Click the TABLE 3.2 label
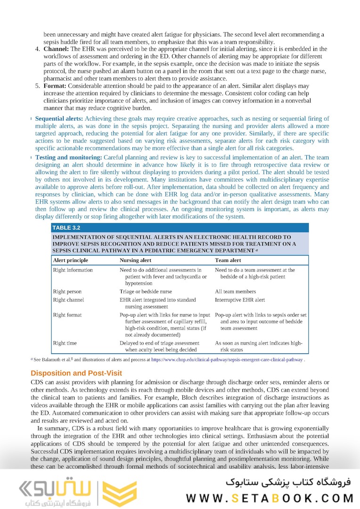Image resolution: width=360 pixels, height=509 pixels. click(x=66, y=228)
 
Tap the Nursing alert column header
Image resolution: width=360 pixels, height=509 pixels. click(x=135, y=260)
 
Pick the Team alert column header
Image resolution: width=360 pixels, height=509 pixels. click(x=228, y=260)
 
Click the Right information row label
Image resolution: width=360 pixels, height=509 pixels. click(x=73, y=270)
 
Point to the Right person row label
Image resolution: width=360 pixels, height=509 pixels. click(x=67, y=292)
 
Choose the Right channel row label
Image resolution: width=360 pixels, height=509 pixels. click(x=68, y=300)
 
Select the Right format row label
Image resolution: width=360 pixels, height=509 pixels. click(x=67, y=315)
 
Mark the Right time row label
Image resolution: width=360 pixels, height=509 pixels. click(x=65, y=343)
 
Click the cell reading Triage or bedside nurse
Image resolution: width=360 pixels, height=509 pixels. click(x=146, y=292)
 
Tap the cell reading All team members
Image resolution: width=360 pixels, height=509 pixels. click(x=236, y=292)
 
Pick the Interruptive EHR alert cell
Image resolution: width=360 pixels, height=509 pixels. click(x=240, y=300)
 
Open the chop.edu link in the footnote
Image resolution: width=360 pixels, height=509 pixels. click(x=227, y=360)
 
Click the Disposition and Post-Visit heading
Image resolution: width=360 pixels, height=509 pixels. click(x=76, y=373)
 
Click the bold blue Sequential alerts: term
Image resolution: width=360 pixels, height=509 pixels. click(x=59, y=119)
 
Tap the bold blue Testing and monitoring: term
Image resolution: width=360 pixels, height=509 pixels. click(x=69, y=157)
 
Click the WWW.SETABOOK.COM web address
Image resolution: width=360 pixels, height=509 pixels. click(x=270, y=498)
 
